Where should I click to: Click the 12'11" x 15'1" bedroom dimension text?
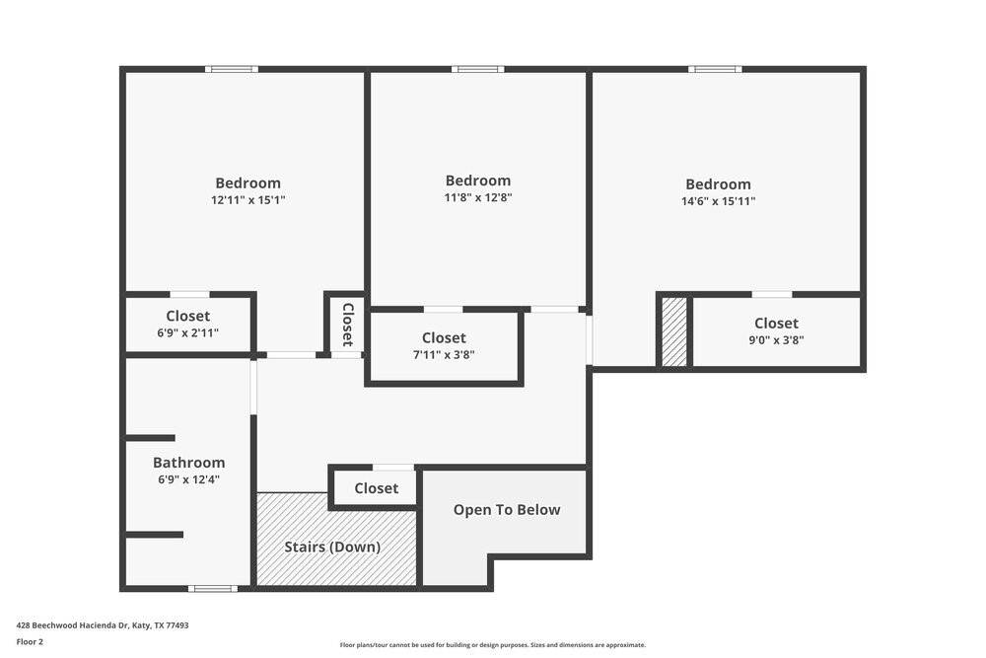[247, 200]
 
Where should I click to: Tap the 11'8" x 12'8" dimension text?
[478, 197]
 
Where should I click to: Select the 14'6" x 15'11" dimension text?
[718, 201]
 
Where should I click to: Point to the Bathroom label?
[188, 463]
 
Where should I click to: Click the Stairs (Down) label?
[332, 547]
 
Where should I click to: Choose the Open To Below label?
[506, 510]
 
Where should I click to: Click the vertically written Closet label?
[347, 324]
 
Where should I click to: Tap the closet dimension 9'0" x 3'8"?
[776, 340]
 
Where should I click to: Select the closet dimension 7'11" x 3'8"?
[444, 355]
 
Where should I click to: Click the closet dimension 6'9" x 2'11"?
[187, 333]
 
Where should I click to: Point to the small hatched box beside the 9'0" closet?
[674, 331]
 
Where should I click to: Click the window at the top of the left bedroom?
[232, 69]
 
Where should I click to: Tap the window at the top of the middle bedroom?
[478, 69]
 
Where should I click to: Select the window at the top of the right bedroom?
[715, 69]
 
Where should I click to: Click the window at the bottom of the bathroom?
[213, 589]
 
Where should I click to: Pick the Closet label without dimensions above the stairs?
[376, 488]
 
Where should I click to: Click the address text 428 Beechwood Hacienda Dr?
[102, 625]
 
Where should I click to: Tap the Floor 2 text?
[30, 641]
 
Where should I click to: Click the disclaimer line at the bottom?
[492, 645]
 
